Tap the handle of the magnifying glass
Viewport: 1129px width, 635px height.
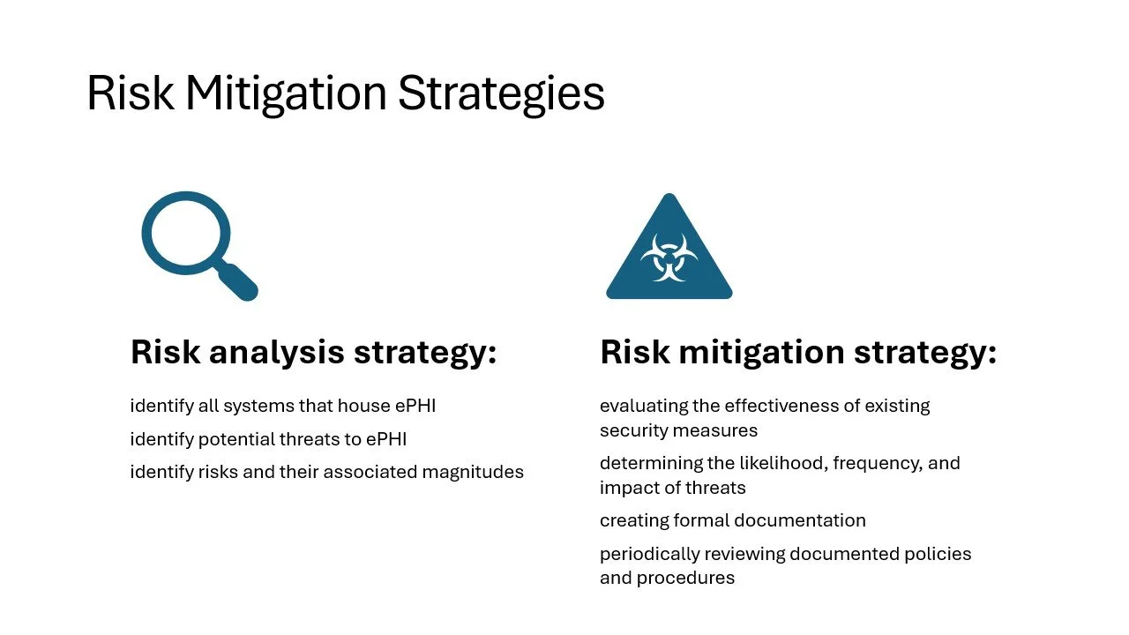[x=239, y=282]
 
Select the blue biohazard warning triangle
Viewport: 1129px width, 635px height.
[x=669, y=256]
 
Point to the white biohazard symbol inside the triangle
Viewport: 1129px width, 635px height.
[x=669, y=258]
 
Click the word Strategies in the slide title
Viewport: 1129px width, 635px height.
[x=501, y=93]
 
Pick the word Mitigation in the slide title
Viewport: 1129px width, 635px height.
[x=286, y=93]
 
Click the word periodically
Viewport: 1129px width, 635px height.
[x=646, y=554]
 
